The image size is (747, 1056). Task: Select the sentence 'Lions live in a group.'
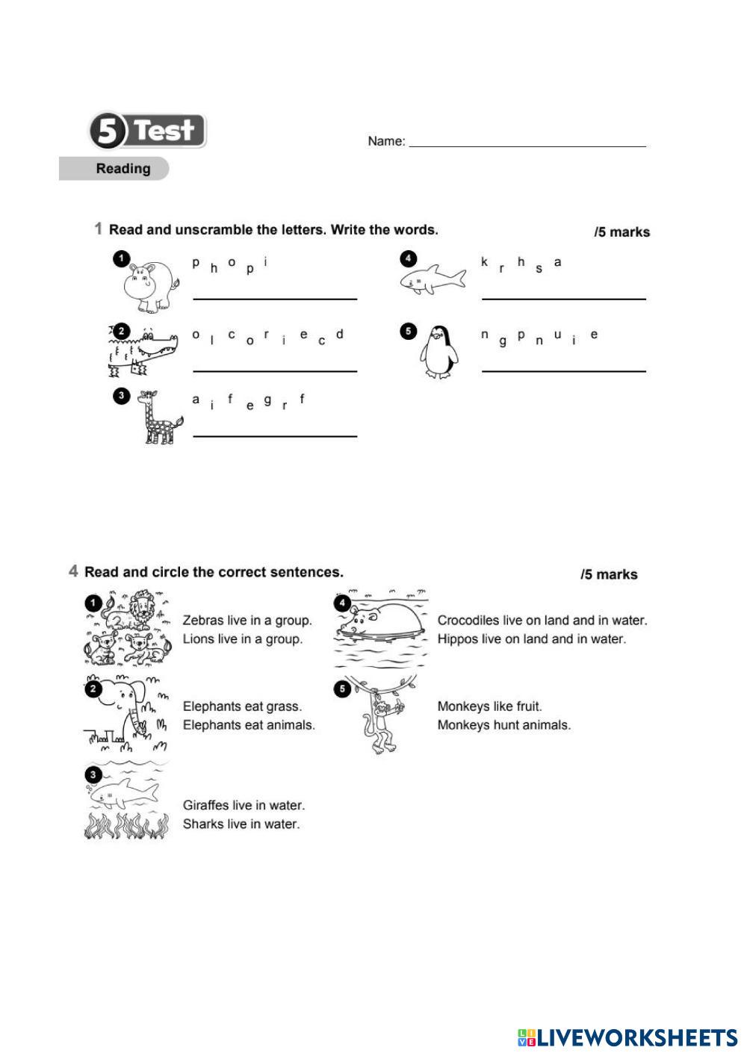pyautogui.click(x=242, y=639)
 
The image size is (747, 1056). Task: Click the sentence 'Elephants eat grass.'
pyautogui.click(x=242, y=706)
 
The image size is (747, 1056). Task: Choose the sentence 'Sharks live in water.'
pyautogui.click(x=241, y=824)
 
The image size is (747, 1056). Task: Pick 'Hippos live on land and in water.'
pyautogui.click(x=531, y=639)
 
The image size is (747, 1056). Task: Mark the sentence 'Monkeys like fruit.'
pyautogui.click(x=489, y=706)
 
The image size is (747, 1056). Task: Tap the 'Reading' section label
pyautogui.click(x=123, y=169)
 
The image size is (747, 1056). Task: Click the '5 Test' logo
pyautogui.click(x=148, y=131)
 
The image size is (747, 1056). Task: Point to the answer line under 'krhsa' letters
pyautogui.click(x=563, y=298)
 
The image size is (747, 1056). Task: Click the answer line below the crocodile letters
pyautogui.click(x=275, y=370)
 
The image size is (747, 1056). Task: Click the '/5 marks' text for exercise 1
pyautogui.click(x=622, y=232)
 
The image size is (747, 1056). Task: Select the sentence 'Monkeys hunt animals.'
pyautogui.click(x=503, y=725)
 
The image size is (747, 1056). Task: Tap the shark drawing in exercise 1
pyautogui.click(x=433, y=279)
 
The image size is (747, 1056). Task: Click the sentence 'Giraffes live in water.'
pyautogui.click(x=244, y=805)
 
